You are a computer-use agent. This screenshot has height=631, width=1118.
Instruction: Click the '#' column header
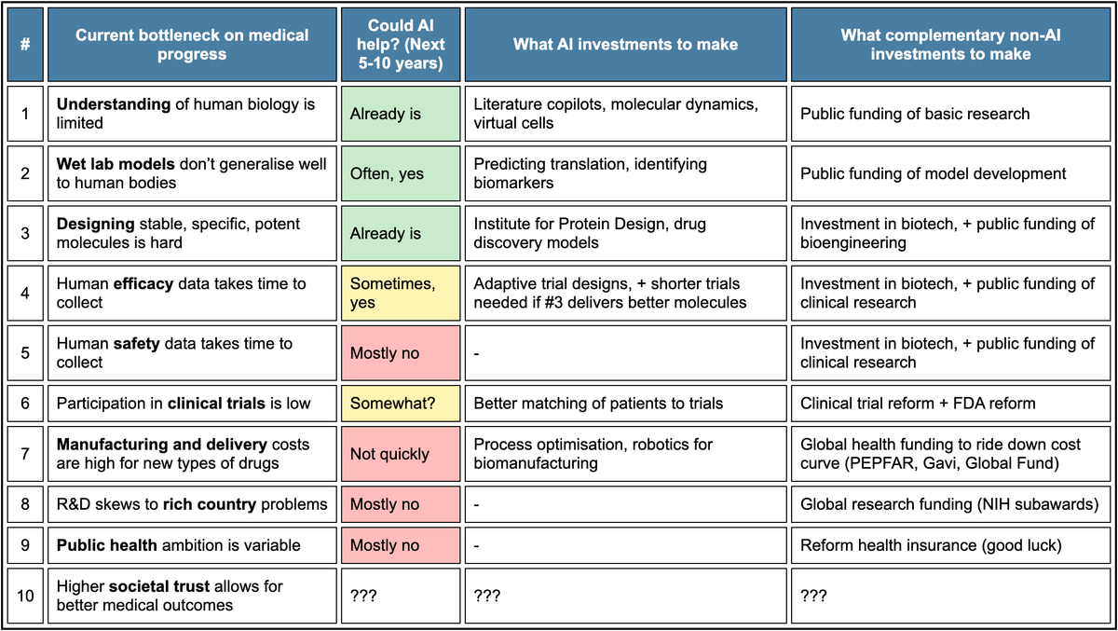[25, 45]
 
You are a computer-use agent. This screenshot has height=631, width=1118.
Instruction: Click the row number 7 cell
[25, 454]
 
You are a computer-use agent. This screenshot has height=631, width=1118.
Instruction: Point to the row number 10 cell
[25, 596]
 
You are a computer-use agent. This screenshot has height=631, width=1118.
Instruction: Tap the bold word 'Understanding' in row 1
[114, 104]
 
